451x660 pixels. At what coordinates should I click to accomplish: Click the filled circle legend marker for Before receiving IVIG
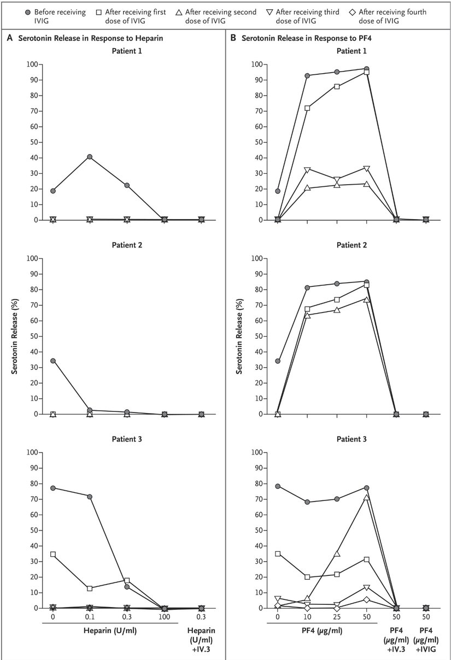(x=27, y=12)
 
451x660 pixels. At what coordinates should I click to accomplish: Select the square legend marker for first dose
(x=112, y=12)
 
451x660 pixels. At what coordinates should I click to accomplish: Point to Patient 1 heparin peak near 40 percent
(x=90, y=157)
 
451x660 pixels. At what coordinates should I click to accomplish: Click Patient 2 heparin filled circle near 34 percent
(x=53, y=361)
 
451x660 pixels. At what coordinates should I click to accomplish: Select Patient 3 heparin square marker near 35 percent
(x=53, y=554)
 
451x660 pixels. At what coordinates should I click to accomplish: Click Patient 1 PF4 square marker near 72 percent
(x=307, y=108)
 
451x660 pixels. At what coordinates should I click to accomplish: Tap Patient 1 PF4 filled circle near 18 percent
(x=278, y=191)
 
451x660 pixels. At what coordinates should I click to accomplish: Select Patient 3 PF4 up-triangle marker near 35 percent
(x=337, y=553)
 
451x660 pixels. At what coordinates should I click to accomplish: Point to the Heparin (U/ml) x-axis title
(x=109, y=630)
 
